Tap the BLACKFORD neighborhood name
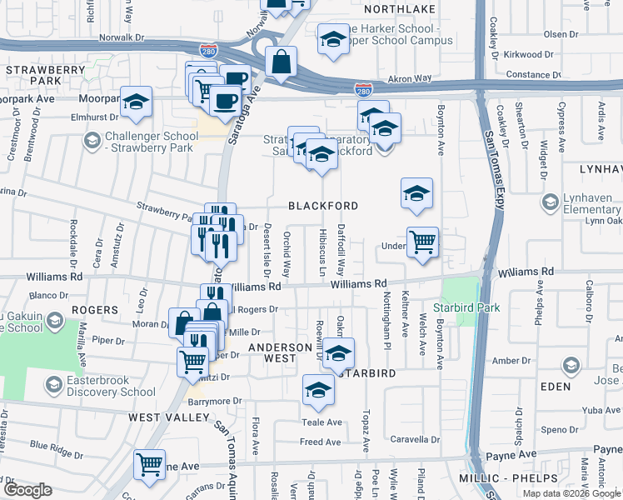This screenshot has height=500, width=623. click(x=323, y=206)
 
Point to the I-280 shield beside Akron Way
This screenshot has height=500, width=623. click(x=362, y=87)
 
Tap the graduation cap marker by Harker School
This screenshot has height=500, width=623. click(x=333, y=39)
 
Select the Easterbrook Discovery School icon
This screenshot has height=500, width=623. click(x=55, y=385)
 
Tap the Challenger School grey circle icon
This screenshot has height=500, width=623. click(x=92, y=141)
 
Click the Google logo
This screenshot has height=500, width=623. click(x=27, y=490)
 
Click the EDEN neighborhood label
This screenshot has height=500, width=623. click(x=555, y=387)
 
